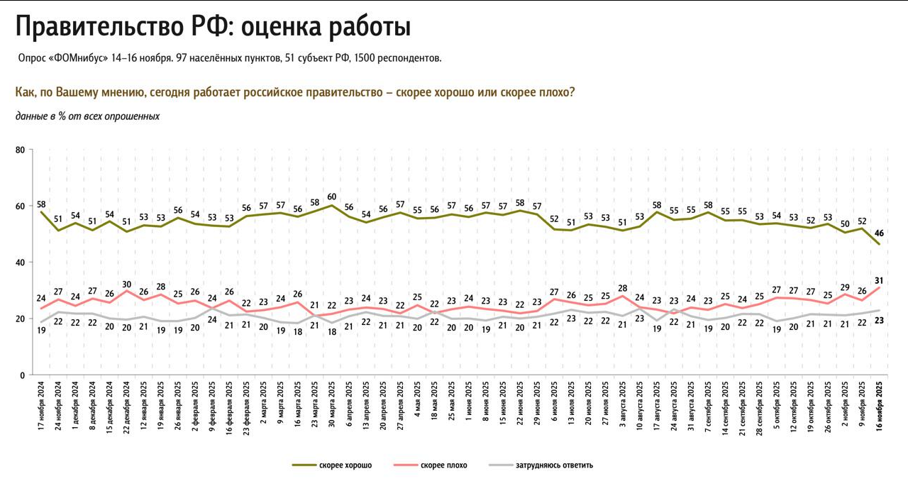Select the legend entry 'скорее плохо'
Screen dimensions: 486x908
click(x=443, y=465)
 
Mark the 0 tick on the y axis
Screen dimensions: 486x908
click(x=22, y=375)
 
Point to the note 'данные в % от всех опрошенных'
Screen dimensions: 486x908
click(x=87, y=116)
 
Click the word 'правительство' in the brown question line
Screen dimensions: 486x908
click(x=333, y=93)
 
